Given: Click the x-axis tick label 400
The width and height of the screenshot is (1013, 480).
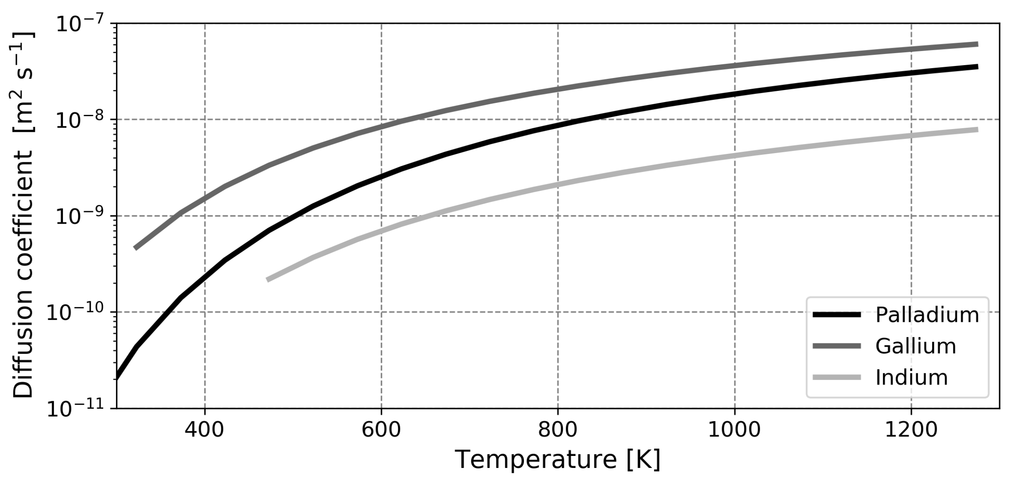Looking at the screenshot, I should [204, 430].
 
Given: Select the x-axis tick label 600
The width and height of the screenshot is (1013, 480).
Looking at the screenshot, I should [381, 430].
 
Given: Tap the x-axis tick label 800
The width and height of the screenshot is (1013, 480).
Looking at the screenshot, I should [557, 430].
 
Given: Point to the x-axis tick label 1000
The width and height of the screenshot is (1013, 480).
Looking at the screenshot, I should [734, 430].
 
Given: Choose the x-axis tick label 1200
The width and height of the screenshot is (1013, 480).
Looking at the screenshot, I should [911, 430].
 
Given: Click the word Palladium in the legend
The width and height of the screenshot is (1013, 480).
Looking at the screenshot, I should [927, 315].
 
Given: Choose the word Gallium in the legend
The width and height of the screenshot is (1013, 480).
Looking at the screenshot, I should [915, 346].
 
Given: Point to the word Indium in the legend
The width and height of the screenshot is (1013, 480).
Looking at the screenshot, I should [911, 378].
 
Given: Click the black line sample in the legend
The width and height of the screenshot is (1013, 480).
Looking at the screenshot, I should [837, 315].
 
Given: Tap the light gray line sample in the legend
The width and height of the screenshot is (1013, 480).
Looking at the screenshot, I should [837, 378].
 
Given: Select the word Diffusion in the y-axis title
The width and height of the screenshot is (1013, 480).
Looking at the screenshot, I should [23, 357].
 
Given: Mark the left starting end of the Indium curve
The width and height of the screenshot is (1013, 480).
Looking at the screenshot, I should [268, 280].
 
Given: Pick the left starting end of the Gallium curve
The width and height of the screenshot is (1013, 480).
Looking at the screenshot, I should [135, 248].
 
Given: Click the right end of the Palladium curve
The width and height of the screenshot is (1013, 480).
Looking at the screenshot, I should [977, 67].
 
